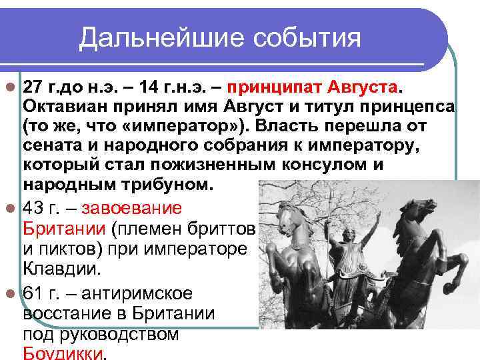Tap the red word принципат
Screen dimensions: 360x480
(274, 89)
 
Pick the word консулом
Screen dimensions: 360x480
(331, 165)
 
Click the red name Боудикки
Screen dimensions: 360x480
(63, 353)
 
